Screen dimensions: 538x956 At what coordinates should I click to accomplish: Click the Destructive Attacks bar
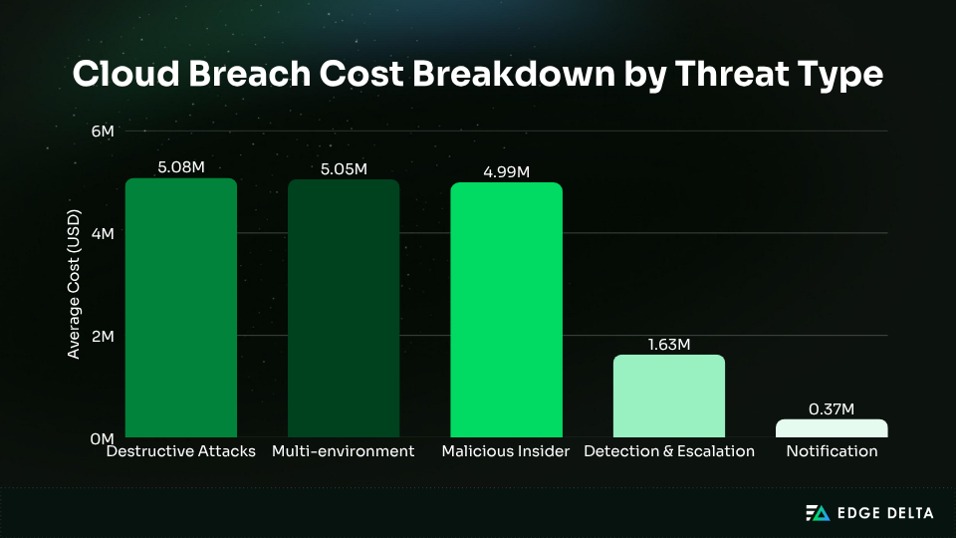[x=180, y=309]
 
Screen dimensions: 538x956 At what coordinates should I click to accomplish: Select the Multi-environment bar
[x=344, y=309]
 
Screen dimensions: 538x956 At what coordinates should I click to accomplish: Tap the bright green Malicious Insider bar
[x=506, y=311]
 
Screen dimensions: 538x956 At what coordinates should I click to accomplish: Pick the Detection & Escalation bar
[x=669, y=397]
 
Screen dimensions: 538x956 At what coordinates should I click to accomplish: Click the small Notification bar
[x=832, y=428]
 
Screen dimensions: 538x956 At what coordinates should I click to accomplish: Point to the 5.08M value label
[x=180, y=166]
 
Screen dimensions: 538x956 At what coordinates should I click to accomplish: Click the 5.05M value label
[x=344, y=168]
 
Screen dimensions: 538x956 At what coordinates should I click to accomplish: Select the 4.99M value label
[x=506, y=171]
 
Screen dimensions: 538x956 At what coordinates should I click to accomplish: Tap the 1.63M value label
[x=669, y=344]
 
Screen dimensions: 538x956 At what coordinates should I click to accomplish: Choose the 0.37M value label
[x=832, y=407]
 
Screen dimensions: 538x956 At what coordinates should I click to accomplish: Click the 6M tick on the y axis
[x=104, y=131]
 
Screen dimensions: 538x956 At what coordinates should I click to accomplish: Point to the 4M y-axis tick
[x=104, y=233]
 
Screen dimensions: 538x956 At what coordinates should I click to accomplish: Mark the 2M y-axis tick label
[x=104, y=336]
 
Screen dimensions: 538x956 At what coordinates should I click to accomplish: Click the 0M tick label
[x=104, y=438]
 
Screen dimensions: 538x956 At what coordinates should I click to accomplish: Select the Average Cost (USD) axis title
[x=74, y=288]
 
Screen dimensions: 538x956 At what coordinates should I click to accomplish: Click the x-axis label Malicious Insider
[x=506, y=451]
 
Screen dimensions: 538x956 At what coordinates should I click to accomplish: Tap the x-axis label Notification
[x=832, y=451]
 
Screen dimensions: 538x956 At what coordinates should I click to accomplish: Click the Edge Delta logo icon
[x=817, y=513]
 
